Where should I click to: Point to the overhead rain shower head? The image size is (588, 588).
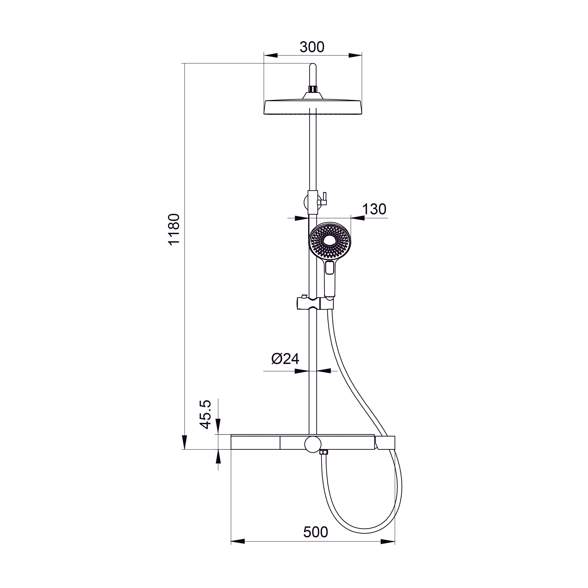[313, 107]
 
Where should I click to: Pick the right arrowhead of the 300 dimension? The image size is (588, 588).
[355, 55]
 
